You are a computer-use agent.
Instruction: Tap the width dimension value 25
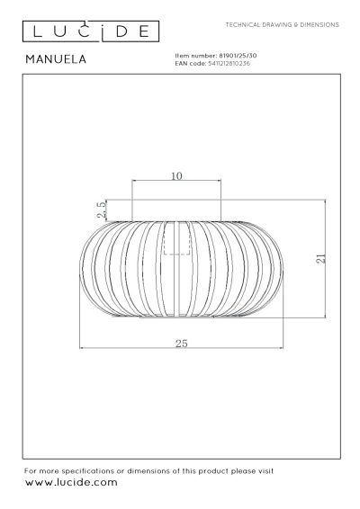[182, 344]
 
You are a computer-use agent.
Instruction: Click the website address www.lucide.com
[70, 483]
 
